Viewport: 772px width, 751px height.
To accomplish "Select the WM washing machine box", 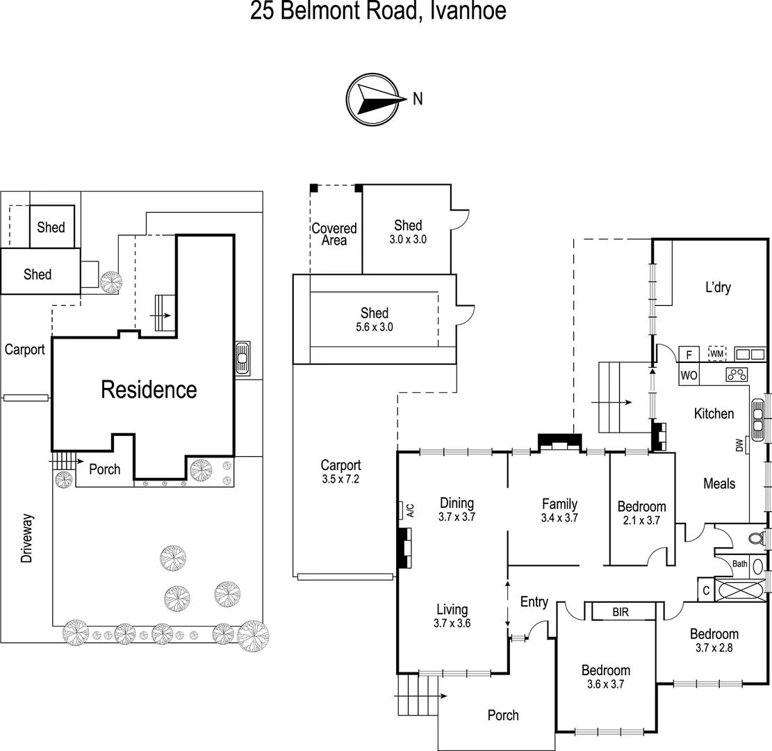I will point(716,354).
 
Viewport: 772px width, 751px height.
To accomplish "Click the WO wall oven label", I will point(689,375).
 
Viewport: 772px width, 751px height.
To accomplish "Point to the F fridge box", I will point(689,354).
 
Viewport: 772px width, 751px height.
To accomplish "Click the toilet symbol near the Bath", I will point(755,538).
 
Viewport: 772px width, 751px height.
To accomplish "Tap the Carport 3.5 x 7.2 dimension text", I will point(340,479).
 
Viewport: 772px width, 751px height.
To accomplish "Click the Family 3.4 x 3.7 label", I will point(559,510).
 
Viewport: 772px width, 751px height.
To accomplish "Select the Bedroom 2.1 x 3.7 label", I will point(641,513).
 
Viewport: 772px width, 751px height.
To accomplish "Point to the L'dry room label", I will point(718,287).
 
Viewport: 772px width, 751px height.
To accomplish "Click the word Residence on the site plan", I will point(149,389).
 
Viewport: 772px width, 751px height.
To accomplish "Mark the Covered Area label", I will point(334,234).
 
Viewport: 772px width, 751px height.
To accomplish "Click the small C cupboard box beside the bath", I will point(706,590).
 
